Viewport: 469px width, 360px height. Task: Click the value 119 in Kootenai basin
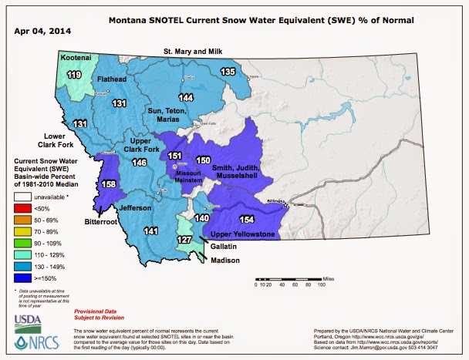[74, 75]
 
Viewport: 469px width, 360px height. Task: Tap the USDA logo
[28, 321]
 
